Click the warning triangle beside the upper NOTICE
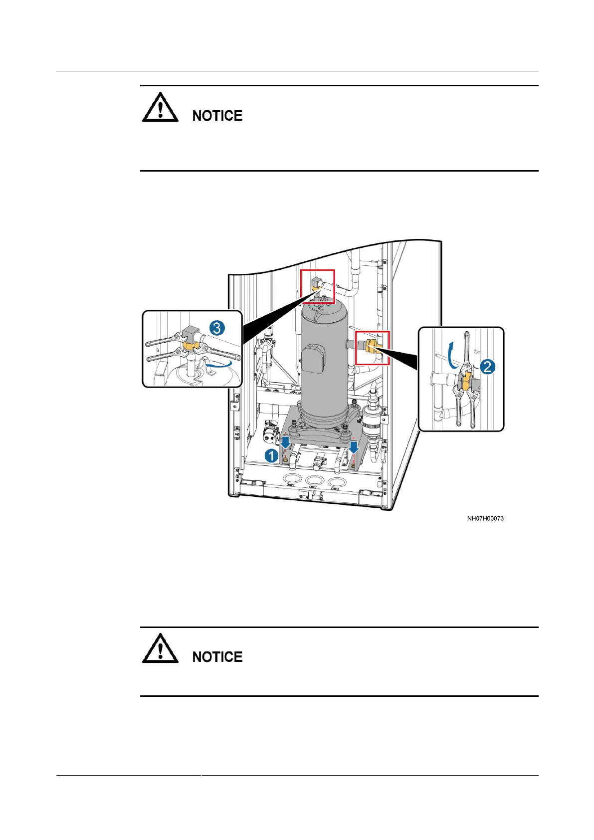[160, 107]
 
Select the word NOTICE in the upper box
[217, 116]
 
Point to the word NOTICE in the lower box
[217, 657]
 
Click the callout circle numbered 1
[271, 455]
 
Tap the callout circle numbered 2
[487, 367]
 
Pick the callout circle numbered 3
[217, 328]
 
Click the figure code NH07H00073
[485, 518]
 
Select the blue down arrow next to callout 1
[285, 442]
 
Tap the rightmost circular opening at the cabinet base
[337, 482]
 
